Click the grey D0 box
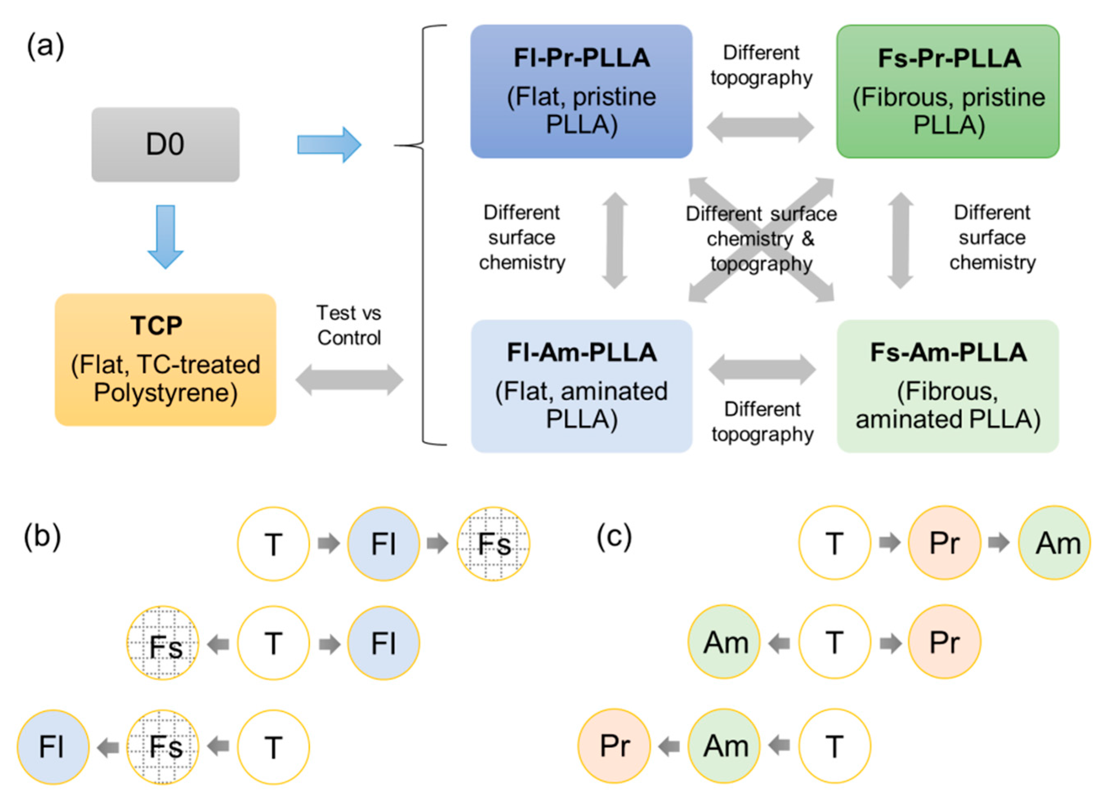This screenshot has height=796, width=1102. coord(165,144)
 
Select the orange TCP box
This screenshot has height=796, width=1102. coord(165,359)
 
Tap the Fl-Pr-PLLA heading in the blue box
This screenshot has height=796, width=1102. coord(581,58)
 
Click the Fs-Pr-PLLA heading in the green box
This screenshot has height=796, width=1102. coord(949,58)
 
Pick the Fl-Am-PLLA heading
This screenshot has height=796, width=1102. coord(581,352)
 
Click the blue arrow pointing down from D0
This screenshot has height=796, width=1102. coord(165,237)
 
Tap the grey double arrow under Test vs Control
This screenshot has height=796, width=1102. coord(349,379)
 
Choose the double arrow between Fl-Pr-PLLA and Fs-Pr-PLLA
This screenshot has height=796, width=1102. coord(760,127)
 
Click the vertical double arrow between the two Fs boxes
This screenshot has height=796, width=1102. coord(900,240)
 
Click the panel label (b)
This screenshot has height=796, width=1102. coord(42,537)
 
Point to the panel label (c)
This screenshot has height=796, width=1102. coord(614,537)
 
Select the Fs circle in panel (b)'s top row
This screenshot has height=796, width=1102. coord(493,543)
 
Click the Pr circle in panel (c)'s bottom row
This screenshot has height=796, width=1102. coord(614,745)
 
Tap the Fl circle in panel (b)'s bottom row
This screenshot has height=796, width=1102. coord(53,747)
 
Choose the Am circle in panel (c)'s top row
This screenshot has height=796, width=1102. coord(1054,543)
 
